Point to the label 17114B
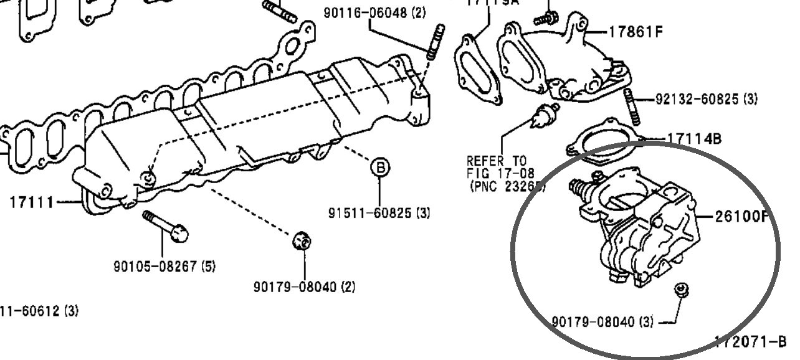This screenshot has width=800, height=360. [x=694, y=138]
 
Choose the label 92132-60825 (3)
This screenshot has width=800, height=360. [x=706, y=99]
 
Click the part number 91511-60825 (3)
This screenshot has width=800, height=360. [x=379, y=213]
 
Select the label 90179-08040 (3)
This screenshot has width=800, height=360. [x=603, y=321]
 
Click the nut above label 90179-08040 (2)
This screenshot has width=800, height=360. [x=302, y=240]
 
